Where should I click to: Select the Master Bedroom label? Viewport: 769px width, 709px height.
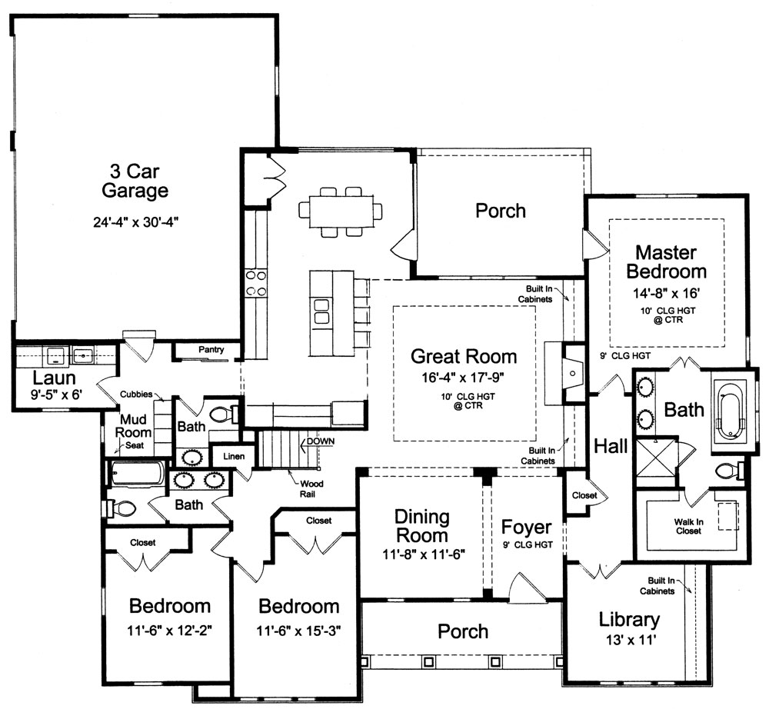666,261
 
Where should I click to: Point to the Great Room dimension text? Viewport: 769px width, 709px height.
463,377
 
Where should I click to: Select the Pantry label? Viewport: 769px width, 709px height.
211,350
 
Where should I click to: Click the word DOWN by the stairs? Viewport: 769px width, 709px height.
321,441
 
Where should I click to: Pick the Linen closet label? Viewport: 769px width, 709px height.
234,457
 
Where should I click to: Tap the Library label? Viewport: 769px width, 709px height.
629,619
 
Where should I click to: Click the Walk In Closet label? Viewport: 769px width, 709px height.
687,526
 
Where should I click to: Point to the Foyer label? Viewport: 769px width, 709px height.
526,528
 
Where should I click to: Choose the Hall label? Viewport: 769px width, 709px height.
611,446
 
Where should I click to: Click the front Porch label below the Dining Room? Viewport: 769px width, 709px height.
463,631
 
